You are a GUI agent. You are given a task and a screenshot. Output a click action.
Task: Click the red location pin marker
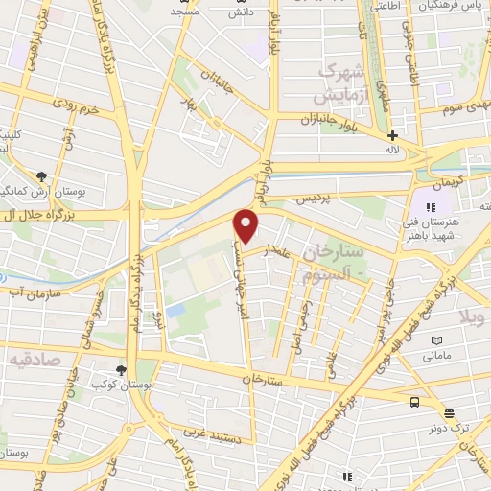click(246, 225)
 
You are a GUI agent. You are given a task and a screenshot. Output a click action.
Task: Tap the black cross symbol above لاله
click(392, 136)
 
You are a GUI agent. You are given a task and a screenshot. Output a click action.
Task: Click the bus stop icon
click(415, 403)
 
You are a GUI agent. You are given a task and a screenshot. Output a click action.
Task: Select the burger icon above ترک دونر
click(449, 414)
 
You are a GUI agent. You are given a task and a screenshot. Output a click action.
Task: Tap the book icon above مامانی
click(437, 340)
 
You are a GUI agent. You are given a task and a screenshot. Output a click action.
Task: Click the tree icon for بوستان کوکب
click(121, 370)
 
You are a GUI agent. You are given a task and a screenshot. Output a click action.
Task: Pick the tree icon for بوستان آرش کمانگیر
click(41, 176)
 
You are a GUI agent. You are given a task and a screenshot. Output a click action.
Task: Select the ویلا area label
click(476, 316)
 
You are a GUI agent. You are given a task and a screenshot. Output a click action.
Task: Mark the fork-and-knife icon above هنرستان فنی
click(431, 206)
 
